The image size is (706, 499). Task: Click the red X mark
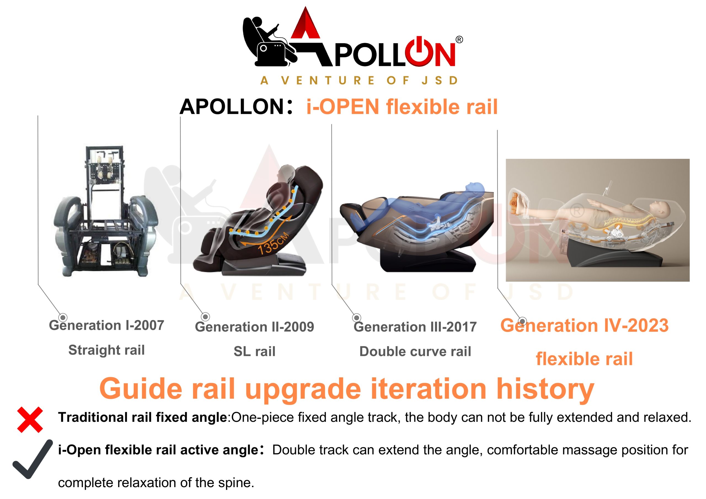30,420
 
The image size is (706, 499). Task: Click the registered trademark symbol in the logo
459,40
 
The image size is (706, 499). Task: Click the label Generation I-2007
106,325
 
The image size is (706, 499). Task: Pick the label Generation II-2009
255,327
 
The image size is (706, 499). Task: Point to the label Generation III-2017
415,327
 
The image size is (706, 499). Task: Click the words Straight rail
106,350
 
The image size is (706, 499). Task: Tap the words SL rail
255,352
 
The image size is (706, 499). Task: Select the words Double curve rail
415,352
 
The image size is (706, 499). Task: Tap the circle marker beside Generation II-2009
205,317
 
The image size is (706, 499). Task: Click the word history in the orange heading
545,389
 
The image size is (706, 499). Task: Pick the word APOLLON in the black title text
232,107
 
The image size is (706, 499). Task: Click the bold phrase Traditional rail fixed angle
143,417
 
